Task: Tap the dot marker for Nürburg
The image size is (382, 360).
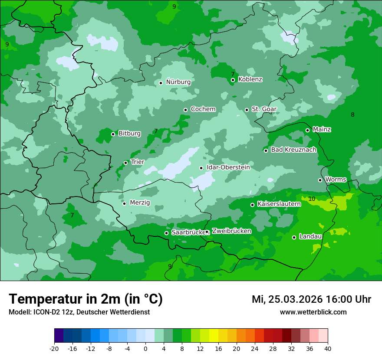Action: tap(161, 82)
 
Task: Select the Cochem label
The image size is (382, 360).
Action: tap(203, 109)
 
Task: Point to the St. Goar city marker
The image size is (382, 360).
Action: tap(247, 110)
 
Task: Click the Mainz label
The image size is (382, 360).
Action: tap(322, 129)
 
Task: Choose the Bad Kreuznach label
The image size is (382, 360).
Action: tap(293, 150)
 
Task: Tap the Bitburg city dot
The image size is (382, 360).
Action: tap(113, 134)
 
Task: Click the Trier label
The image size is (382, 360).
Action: tap(137, 162)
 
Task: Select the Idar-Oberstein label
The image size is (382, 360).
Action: tap(228, 167)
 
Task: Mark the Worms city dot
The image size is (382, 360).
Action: tap(320, 180)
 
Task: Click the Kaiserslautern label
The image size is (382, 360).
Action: tap(279, 204)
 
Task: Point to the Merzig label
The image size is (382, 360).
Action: tap(140, 203)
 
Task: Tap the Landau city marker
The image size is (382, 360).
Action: tap(294, 237)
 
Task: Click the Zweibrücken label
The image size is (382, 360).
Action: tap(231, 231)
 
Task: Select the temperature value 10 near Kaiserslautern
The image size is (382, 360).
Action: tap(312, 199)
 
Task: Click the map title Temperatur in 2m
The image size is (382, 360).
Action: tap(86, 299)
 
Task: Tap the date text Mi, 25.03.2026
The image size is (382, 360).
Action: tap(287, 299)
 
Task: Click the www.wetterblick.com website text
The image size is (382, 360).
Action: tap(313, 312)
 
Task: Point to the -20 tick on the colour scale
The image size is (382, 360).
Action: tap(54, 349)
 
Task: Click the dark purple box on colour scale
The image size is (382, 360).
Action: tap(59, 336)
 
